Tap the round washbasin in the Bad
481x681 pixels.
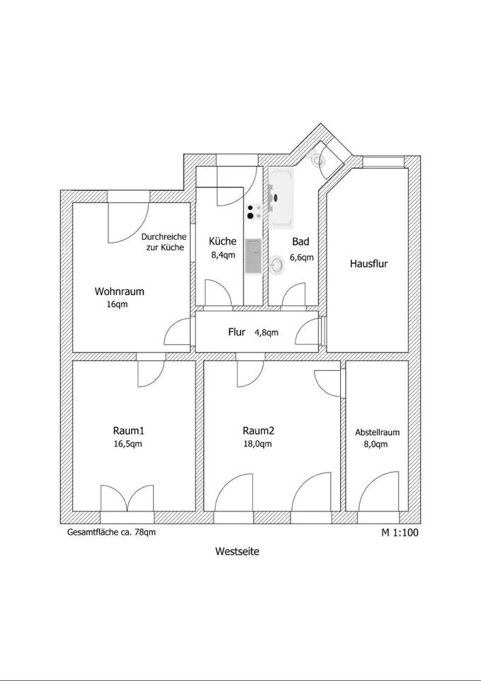[x=278, y=265]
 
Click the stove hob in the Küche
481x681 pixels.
[x=254, y=211]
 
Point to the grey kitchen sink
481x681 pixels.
[x=253, y=255]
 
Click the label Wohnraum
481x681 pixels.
[x=120, y=291]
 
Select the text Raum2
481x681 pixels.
[x=258, y=431]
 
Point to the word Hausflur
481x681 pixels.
[x=369, y=264]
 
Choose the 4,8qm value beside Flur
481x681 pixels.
[x=266, y=332]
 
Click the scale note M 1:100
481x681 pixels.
[x=400, y=531]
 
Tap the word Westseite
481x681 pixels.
[x=238, y=550]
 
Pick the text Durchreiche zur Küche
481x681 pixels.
[x=163, y=243]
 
